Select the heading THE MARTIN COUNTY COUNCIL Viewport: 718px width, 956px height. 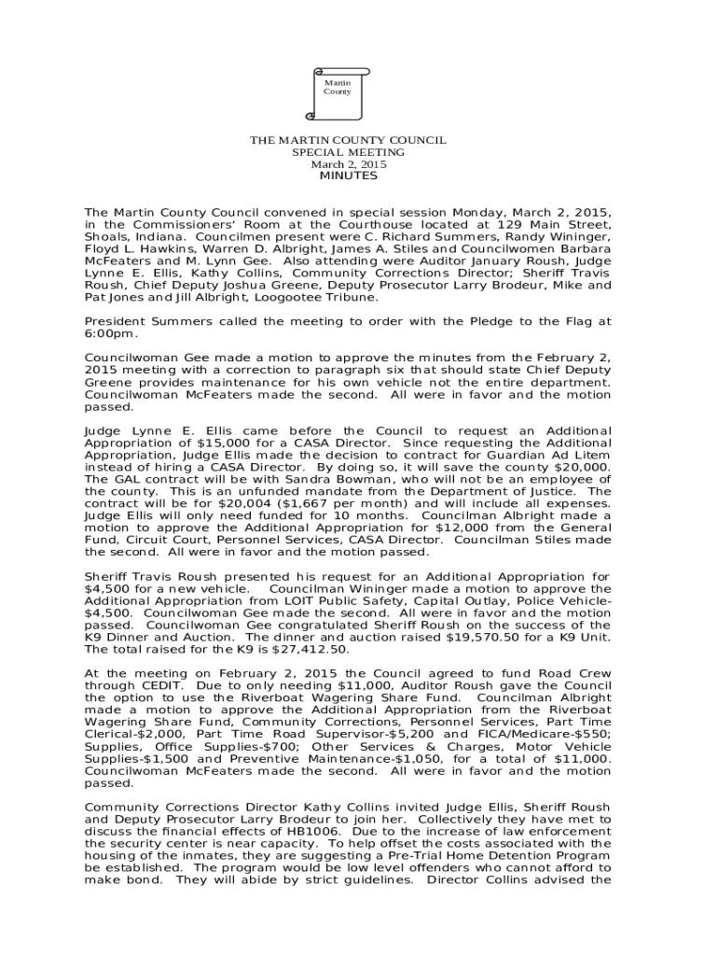[x=348, y=140]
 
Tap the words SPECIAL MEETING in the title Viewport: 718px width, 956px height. [x=348, y=152]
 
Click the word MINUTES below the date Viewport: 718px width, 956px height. [x=348, y=176]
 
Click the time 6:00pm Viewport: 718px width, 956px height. [x=110, y=333]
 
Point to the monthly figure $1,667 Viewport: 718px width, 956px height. [x=238, y=503]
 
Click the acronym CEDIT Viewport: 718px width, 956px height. [x=152, y=685]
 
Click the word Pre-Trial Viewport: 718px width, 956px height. [x=431, y=855]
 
